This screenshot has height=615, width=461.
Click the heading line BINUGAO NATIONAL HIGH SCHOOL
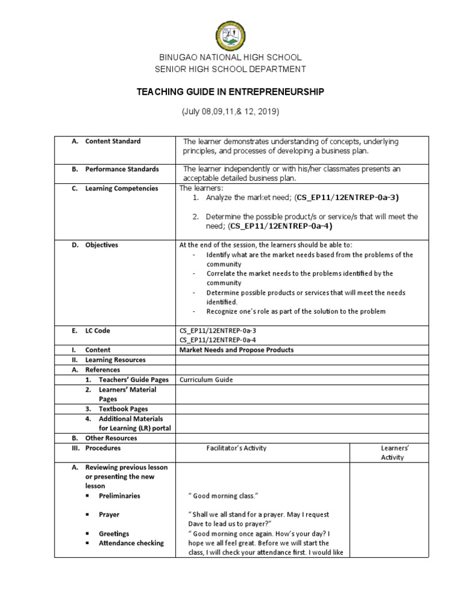click(230, 58)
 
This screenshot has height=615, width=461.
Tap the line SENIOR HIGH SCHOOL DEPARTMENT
click(230, 69)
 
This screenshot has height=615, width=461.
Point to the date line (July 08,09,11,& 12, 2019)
click(230, 112)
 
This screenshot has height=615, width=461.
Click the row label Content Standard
click(113, 141)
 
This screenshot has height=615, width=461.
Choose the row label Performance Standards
click(121, 169)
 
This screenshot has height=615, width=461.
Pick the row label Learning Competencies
click(121, 188)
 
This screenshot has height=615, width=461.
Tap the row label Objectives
click(101, 245)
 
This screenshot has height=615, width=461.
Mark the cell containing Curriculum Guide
click(203, 380)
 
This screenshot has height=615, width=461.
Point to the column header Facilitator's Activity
click(236, 448)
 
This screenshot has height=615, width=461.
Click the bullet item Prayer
click(109, 515)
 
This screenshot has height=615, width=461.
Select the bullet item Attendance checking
click(131, 543)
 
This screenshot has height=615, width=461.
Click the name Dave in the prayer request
click(197, 524)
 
